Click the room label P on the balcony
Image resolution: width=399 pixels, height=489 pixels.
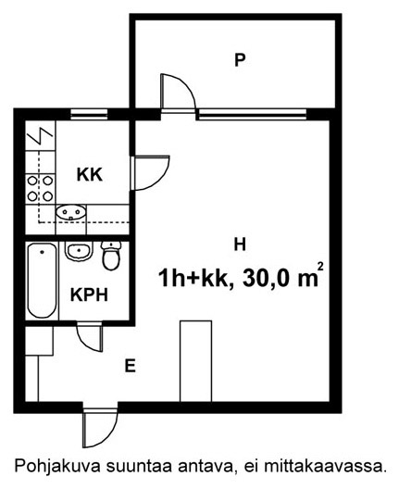coord(240,60)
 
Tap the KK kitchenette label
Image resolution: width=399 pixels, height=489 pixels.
coord(90,175)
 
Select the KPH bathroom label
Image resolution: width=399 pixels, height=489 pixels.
coord(89,295)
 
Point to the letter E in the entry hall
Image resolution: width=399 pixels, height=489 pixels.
coord(131,366)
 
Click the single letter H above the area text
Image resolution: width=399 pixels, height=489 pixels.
coord(240,244)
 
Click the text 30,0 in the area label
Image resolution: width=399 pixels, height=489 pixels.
coord(268,279)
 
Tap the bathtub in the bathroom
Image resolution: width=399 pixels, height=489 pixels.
coord(42,281)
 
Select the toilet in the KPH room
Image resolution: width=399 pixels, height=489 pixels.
coord(111,256)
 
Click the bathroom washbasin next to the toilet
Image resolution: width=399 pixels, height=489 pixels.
coord(79,251)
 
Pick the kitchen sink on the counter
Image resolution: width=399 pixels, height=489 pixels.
coord(70,212)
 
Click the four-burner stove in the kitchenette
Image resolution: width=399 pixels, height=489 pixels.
coord(40,188)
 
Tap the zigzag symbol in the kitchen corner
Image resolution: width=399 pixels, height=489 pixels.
coord(40,136)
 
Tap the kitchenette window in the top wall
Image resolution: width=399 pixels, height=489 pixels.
coord(89,114)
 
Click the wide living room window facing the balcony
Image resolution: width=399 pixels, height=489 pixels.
coord(252,114)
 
